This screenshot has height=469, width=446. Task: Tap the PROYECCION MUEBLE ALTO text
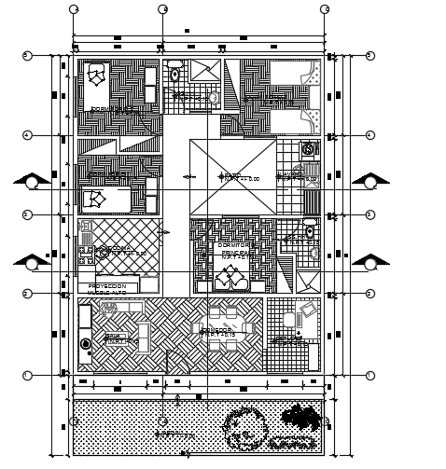(x=106, y=289)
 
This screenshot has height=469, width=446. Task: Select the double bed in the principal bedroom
(x=228, y=278)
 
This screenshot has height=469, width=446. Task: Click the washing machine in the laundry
(x=308, y=149)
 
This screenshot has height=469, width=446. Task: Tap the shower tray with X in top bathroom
(x=203, y=72)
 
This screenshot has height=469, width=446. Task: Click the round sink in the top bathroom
(x=212, y=96)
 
